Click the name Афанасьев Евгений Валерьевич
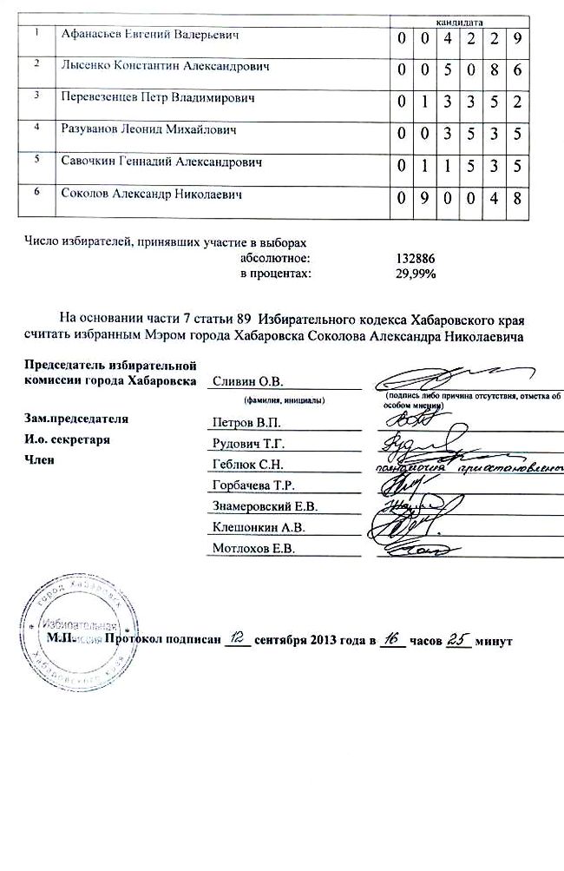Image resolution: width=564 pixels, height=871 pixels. (x=149, y=35)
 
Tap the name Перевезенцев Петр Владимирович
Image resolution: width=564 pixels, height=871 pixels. (x=159, y=99)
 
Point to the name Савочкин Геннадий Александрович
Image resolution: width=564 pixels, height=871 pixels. (x=161, y=162)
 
